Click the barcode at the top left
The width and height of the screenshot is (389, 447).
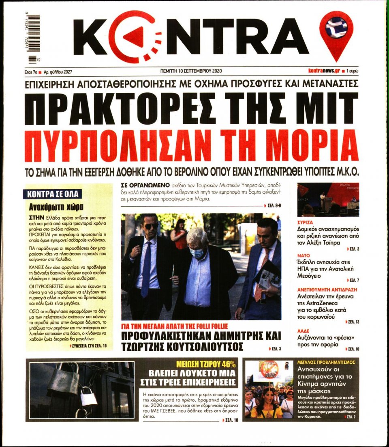coord(34,39)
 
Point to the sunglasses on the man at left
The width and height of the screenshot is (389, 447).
coord(151,226)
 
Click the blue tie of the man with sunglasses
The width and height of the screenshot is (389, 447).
coord(146,268)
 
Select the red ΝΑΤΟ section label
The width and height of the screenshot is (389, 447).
coord(304,255)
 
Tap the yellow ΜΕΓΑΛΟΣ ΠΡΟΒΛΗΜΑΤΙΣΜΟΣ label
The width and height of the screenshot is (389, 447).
coord(326,362)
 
